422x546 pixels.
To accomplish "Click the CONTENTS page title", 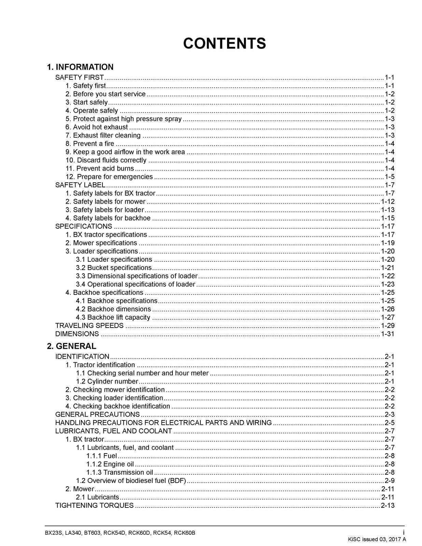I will (x=224, y=44).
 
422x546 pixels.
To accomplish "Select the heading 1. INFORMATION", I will (x=80, y=67).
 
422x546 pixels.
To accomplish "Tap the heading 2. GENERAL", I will (x=72, y=346).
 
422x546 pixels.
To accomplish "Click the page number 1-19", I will (x=388, y=243).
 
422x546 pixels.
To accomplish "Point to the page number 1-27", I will (x=388, y=317).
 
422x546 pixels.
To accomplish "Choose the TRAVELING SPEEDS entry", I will (x=89, y=326).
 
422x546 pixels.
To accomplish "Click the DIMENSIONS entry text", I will (x=77, y=334).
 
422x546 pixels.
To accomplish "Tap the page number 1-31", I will (x=388, y=334).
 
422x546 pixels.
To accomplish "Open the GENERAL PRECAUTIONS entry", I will (x=98, y=415).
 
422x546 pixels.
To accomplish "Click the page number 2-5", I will (x=390, y=423).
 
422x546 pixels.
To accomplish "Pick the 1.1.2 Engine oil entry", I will (x=110, y=464).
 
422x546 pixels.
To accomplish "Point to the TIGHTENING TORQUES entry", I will (x=95, y=505).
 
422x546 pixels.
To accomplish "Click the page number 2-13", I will (x=388, y=505).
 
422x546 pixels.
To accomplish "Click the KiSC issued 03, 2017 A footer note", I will (x=377, y=540).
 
